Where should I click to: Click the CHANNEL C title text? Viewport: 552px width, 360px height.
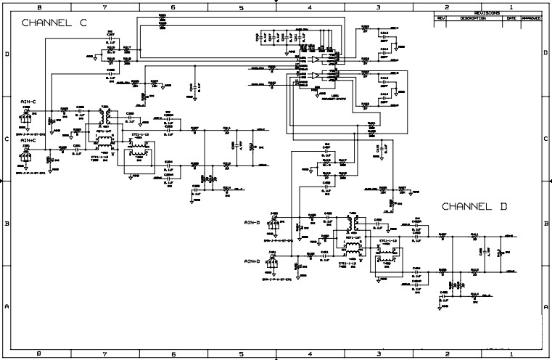point(54,23)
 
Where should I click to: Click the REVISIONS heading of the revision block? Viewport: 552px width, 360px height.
point(487,13)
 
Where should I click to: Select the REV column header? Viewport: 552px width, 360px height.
point(440,18)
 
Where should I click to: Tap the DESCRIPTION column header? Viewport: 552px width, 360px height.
point(471,18)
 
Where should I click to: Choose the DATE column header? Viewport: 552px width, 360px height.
point(512,18)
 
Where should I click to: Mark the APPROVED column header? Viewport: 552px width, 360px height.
point(531,18)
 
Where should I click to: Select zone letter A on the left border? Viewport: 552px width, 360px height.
point(6,308)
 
